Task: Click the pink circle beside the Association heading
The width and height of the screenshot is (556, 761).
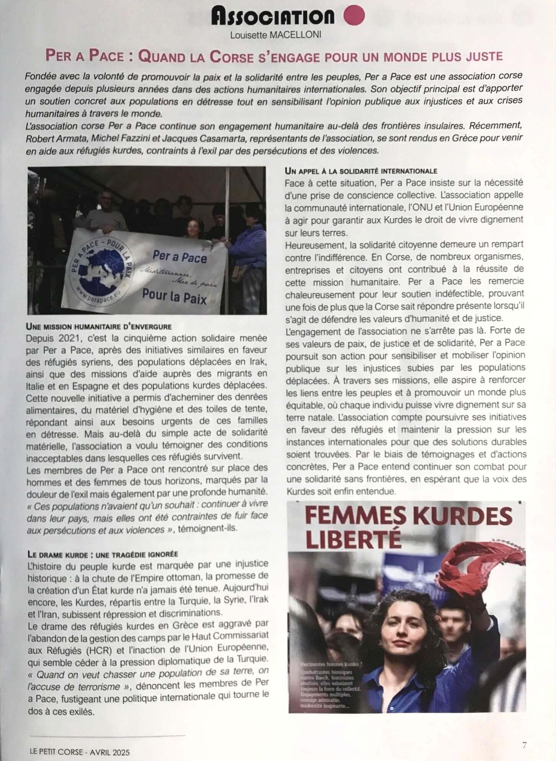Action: click(x=354, y=16)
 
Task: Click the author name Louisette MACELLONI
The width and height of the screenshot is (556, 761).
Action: click(x=276, y=35)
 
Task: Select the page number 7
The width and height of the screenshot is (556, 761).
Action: click(x=525, y=745)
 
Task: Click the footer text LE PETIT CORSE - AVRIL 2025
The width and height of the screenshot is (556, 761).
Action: click(x=80, y=752)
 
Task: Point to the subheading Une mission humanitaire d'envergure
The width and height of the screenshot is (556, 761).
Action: click(x=99, y=327)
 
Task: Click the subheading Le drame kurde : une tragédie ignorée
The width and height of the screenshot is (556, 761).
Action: click(x=103, y=554)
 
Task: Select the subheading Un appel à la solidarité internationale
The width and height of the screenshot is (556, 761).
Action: click(x=361, y=171)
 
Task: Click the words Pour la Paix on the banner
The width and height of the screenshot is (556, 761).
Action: click(x=174, y=296)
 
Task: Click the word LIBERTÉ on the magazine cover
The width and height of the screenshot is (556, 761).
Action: click(x=353, y=539)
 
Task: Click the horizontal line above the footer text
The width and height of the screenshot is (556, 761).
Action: click(x=107, y=735)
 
